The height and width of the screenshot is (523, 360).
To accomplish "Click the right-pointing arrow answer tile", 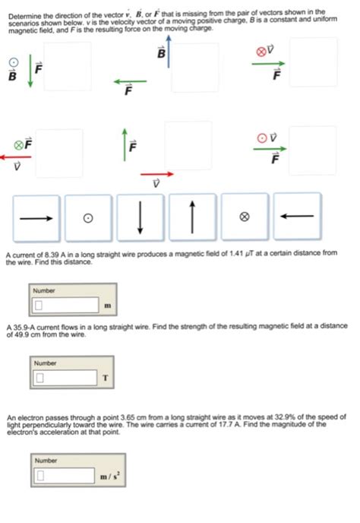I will tap(36, 217).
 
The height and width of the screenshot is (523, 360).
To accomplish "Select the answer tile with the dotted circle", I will tap(88, 217).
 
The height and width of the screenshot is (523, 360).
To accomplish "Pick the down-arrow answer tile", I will tap(140, 217).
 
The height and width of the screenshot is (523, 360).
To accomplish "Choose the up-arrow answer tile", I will tap(192, 217).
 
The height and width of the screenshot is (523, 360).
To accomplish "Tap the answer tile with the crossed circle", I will tap(244, 217).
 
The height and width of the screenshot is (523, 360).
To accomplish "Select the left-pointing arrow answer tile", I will tap(296, 217).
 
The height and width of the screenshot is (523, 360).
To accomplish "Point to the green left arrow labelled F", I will tap(130, 81).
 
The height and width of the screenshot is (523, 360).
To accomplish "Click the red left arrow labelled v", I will tap(16, 157).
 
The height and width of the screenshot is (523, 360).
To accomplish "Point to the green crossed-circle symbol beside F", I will tap(17, 143).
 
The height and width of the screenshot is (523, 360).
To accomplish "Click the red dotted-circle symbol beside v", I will tap(262, 138).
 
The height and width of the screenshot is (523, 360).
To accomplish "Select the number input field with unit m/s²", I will tap(65, 476).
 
